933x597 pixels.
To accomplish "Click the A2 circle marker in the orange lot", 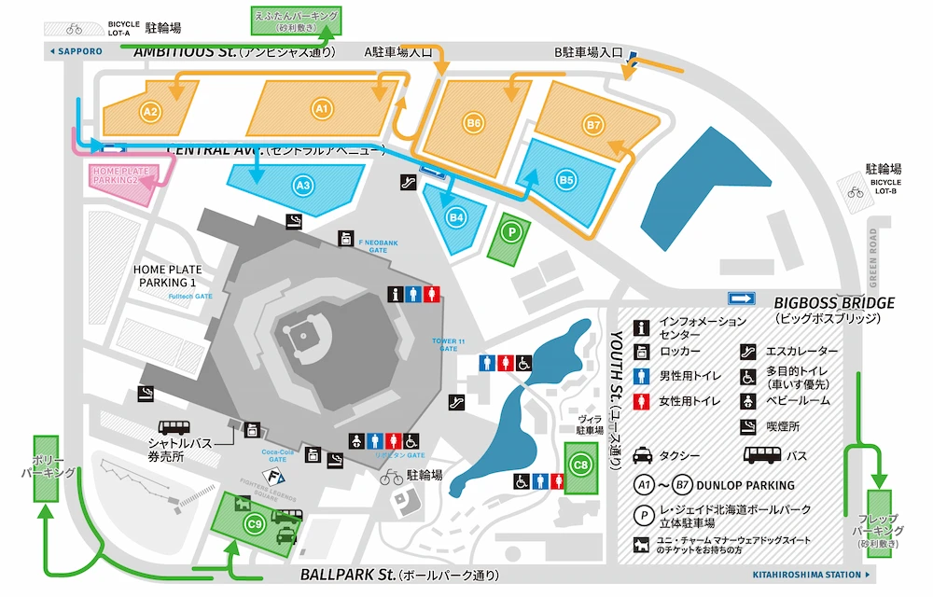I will click(150, 111).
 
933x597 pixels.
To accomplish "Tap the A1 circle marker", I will click(322, 109).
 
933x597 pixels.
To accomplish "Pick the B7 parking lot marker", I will click(593, 124).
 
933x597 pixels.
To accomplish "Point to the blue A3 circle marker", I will click(301, 186).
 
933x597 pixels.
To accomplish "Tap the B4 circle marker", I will click(456, 217).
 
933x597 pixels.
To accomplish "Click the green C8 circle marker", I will click(580, 464).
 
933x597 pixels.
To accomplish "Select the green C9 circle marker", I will click(254, 525).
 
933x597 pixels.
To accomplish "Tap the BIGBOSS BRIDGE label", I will click(833, 303).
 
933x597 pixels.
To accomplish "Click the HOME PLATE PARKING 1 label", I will click(168, 275).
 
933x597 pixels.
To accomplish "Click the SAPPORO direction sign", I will click(76, 51).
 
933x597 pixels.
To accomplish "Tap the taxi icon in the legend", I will click(644, 456).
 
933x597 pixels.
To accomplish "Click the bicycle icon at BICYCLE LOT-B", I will click(855, 193).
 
